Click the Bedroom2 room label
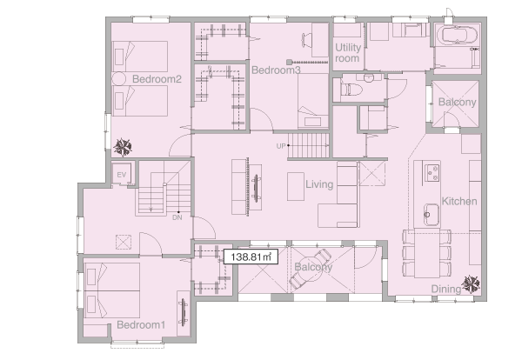pyautogui.click(x=157, y=79)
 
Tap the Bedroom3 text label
pyautogui.click(x=276, y=70)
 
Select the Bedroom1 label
pyautogui.click(x=141, y=324)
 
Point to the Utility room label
pyautogui.click(x=347, y=53)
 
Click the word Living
pyautogui.click(x=319, y=184)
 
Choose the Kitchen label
pyautogui.click(x=459, y=201)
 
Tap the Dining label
pyautogui.click(x=446, y=289)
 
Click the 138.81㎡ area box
pyautogui.click(x=251, y=257)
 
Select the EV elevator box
pyautogui.click(x=122, y=174)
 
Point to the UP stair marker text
pyautogui.click(x=281, y=146)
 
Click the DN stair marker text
pyautogui.click(x=177, y=217)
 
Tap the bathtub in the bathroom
pyautogui.click(x=457, y=36)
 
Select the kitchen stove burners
pyautogui.click(x=432, y=173)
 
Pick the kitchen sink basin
pyautogui.click(x=432, y=215)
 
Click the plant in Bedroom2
pyautogui.click(x=123, y=147)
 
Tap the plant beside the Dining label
pyautogui.click(x=471, y=284)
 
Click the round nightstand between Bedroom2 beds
pyautogui.click(x=118, y=79)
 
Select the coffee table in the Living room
pyautogui.click(x=296, y=186)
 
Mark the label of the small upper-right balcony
pyautogui.click(x=457, y=102)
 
